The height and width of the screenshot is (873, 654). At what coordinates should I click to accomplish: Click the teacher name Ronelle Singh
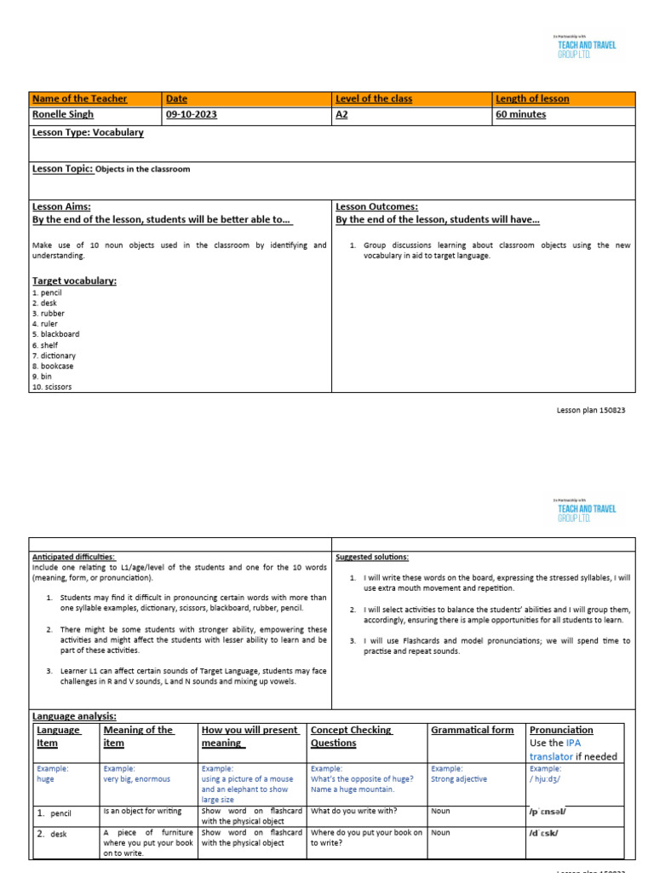coord(62,115)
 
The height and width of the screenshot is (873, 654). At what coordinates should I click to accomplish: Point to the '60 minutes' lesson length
coord(521,115)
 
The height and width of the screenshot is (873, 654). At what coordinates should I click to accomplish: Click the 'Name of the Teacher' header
coord(79,99)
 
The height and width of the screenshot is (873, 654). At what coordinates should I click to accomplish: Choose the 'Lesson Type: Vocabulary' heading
coord(88,133)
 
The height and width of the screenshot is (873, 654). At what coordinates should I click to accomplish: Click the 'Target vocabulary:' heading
coord(74,280)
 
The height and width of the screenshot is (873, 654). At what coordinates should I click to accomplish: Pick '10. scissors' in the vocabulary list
coord(52,386)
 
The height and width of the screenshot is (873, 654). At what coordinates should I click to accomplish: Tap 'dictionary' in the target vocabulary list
coord(58,356)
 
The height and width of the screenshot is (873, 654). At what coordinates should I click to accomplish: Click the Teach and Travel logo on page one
coord(586,47)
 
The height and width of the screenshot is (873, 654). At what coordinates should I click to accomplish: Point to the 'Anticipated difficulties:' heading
coord(73,557)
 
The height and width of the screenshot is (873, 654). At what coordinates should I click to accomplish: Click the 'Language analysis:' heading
coord(74,717)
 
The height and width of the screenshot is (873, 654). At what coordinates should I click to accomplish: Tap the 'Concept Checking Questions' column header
coord(352,737)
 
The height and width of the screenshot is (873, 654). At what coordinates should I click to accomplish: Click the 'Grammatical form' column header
coord(472,731)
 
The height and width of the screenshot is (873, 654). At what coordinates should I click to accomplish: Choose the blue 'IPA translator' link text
coord(562,750)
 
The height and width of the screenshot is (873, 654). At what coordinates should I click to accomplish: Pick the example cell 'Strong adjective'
coord(459,778)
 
